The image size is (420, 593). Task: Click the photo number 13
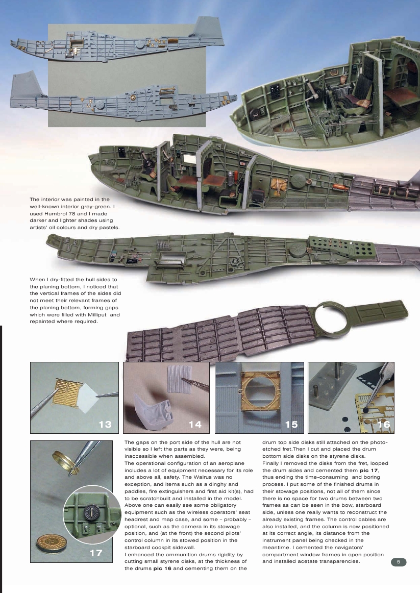[105, 424]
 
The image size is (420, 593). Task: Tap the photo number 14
[195, 424]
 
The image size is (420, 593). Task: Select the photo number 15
[291, 424]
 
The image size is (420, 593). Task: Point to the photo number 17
[96, 553]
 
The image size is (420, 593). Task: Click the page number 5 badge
[399, 562]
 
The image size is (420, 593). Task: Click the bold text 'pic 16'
[164, 568]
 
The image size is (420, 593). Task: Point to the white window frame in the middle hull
[190, 160]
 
